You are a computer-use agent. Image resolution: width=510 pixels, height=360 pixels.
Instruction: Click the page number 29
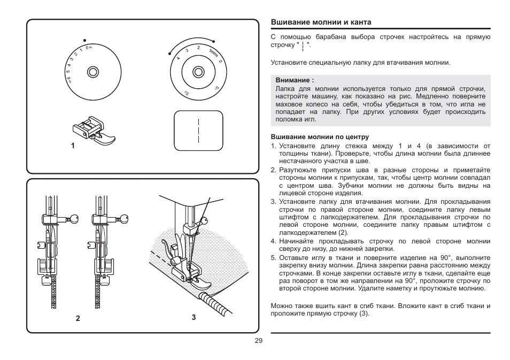[258, 341]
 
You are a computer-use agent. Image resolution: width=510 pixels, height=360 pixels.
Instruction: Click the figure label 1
[72, 145]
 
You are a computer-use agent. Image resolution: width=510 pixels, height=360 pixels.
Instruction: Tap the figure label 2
[78, 318]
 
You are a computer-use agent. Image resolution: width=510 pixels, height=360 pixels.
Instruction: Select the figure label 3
[194, 317]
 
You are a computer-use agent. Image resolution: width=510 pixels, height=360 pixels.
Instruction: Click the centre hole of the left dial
[92, 71]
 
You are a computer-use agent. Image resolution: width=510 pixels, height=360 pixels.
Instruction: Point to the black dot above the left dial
[84, 40]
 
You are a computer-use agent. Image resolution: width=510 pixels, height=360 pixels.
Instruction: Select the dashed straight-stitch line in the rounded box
[198, 129]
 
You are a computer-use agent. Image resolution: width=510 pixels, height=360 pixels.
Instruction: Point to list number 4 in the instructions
[273, 241]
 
